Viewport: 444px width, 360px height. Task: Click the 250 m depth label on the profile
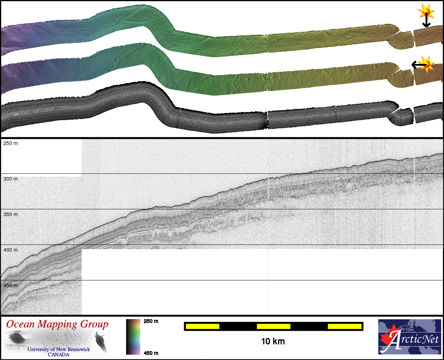(11, 143)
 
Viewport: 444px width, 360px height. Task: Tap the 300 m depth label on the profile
(11, 179)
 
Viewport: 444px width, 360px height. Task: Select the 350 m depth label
(11, 214)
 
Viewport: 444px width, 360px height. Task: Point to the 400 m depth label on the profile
(11, 250)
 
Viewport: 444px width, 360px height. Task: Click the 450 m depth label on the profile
(11, 285)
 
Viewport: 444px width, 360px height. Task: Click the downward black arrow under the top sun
(426, 20)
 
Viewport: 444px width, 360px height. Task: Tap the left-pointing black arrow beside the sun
(419, 65)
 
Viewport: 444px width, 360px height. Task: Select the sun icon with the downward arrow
(426, 11)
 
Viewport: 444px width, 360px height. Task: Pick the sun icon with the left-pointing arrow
(426, 64)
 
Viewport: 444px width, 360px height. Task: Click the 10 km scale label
(273, 342)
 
